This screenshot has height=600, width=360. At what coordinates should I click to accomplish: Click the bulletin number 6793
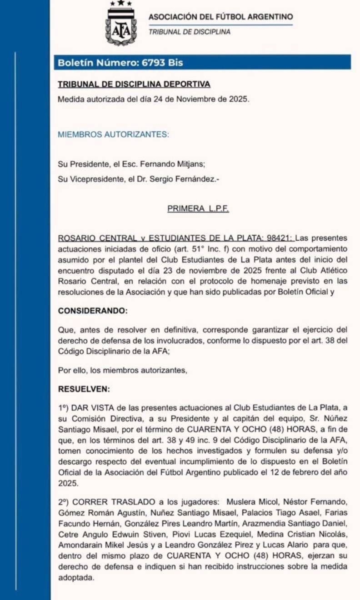(155, 63)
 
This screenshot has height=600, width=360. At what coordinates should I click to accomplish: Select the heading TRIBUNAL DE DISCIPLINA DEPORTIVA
(134, 84)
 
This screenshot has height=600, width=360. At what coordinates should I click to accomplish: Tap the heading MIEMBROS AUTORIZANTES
(113, 134)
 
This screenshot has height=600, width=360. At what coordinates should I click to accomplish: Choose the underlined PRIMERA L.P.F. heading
(198, 209)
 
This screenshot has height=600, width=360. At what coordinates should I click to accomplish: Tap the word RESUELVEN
(84, 389)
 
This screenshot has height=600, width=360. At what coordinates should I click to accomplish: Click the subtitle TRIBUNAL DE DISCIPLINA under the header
(189, 32)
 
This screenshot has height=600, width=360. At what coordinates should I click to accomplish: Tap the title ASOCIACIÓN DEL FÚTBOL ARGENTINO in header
(220, 17)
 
